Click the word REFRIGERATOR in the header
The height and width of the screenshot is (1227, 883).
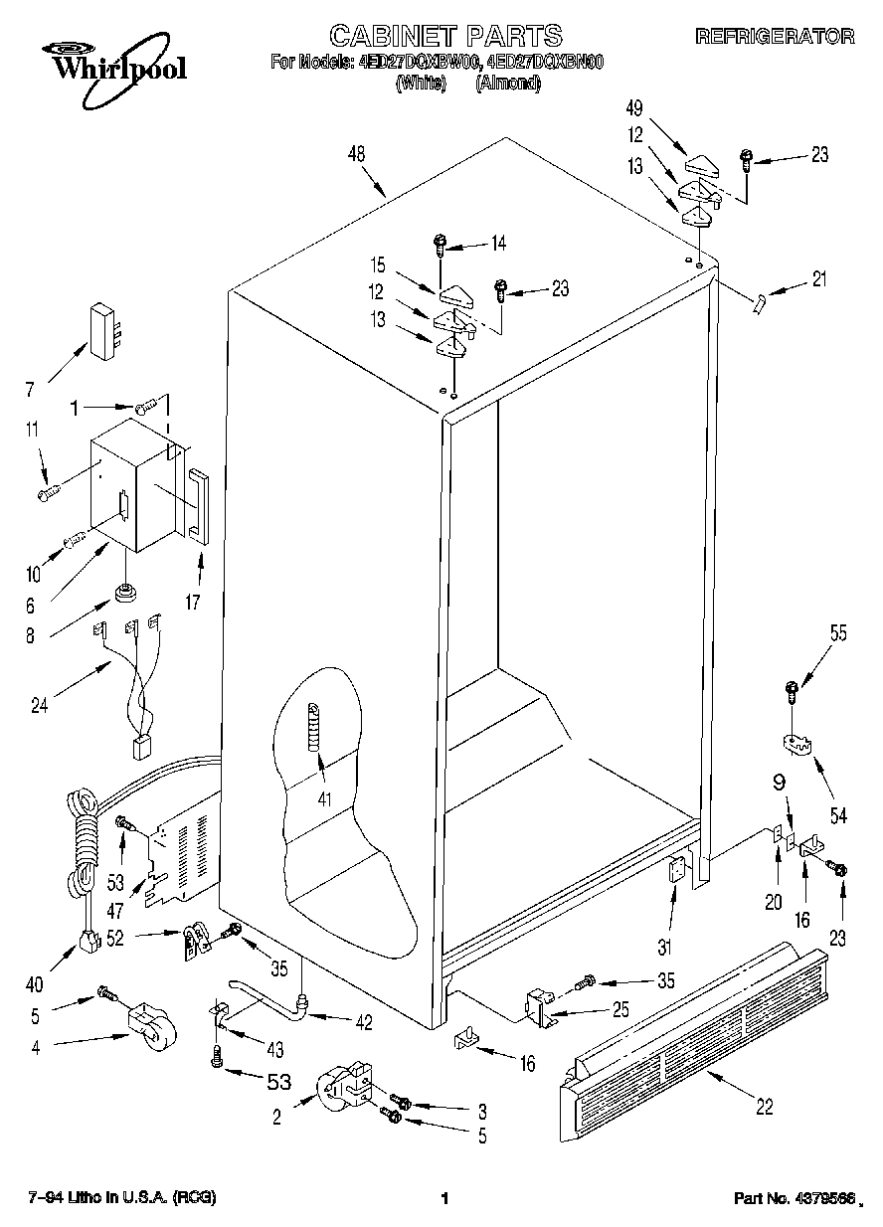click(775, 37)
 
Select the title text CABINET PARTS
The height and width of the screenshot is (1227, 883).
click(445, 37)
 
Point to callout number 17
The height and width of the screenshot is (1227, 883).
click(196, 601)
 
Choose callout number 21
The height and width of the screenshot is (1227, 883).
click(818, 278)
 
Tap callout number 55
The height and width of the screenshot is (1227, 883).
click(838, 633)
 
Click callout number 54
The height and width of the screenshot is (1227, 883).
click(838, 816)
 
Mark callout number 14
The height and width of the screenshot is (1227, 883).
click(498, 242)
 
